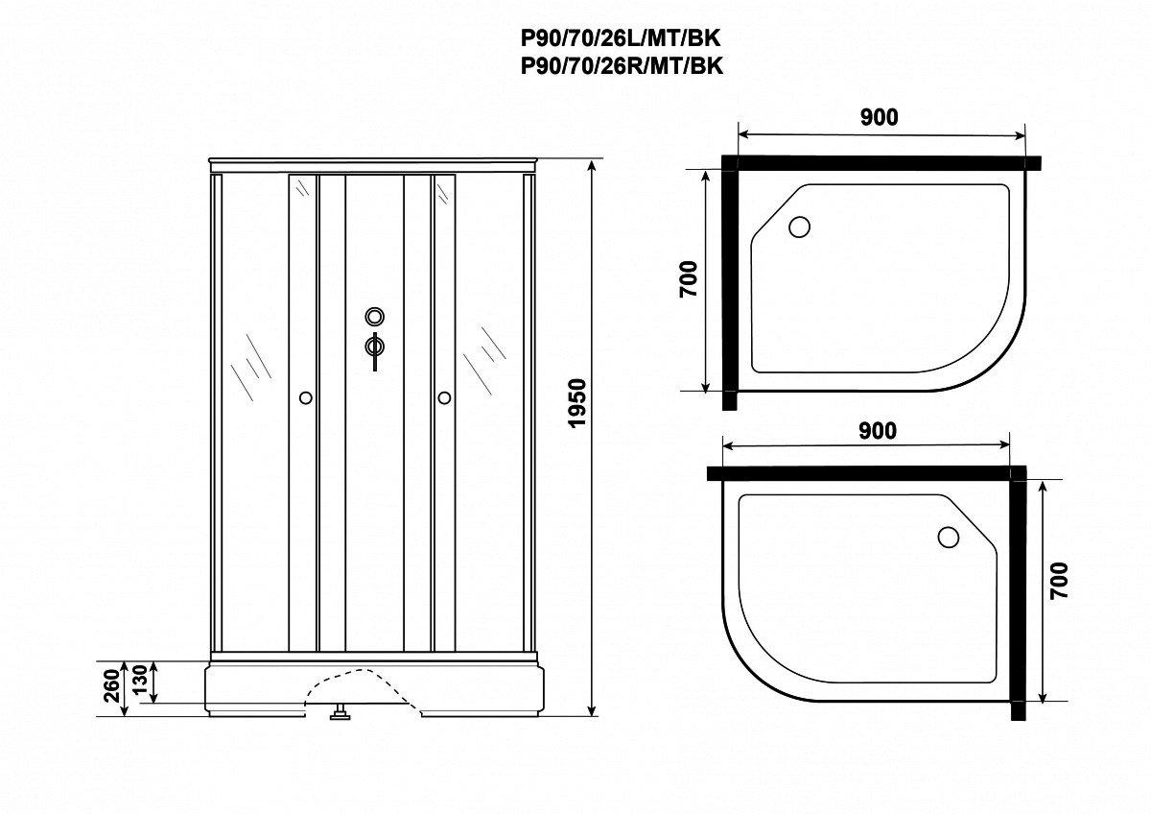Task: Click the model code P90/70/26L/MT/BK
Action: [x=622, y=38]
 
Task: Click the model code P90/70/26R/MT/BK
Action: [x=622, y=66]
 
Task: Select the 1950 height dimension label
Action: [x=577, y=402]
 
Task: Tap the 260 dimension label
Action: [x=111, y=686]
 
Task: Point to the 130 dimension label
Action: [x=140, y=680]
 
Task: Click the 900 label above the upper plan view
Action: [x=880, y=117]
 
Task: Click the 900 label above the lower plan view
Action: [x=878, y=431]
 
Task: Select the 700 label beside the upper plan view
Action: [x=689, y=278]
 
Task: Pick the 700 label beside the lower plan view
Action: [x=1060, y=580]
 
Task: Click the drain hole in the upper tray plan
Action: [x=799, y=227]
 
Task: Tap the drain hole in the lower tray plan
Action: [x=948, y=537]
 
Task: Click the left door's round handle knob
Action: [x=306, y=398]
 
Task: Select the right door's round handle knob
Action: [x=444, y=398]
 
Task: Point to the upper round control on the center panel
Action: [x=375, y=316]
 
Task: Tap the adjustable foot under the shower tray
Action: [x=340, y=711]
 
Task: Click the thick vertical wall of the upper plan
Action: [x=730, y=283]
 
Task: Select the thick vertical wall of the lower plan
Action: [x=1018, y=593]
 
